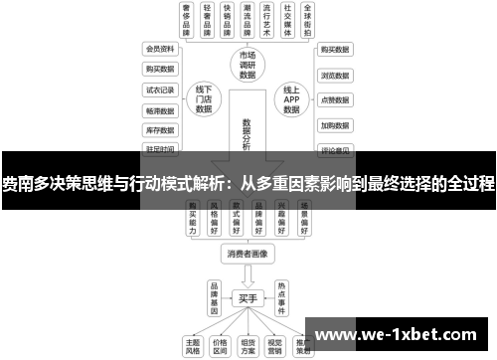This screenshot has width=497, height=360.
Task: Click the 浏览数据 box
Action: click(x=334, y=75)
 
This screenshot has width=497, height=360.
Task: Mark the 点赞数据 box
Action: click(x=334, y=100)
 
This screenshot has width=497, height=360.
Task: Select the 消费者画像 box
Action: click(x=248, y=255)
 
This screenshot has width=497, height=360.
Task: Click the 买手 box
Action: click(x=248, y=296)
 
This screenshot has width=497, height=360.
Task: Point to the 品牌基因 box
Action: click(x=213, y=296)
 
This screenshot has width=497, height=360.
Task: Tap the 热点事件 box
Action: click(x=282, y=296)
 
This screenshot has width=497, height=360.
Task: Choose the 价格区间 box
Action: click(x=220, y=345)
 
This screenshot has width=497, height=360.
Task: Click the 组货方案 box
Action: click(x=248, y=345)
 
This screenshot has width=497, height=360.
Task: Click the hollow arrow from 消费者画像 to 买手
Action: click(x=248, y=275)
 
